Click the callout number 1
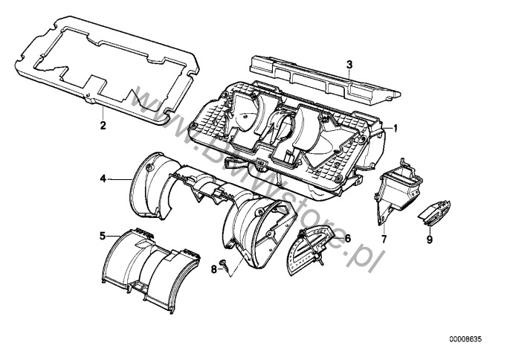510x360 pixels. pyautogui.click(x=396, y=127)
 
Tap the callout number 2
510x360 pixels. pyautogui.click(x=103, y=125)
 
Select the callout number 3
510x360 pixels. pyautogui.click(x=349, y=65)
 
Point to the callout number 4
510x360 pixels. pyautogui.click(x=103, y=179)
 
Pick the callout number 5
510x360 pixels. pyautogui.click(x=103, y=236)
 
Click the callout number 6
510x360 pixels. pyautogui.click(x=346, y=239)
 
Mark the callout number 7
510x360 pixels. pyautogui.click(x=384, y=240)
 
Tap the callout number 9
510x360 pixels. pyautogui.click(x=429, y=240)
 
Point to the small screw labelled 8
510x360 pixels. pyautogui.click(x=224, y=265)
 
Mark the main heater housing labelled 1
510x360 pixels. pyautogui.click(x=290, y=141)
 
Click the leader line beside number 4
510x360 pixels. pyautogui.click(x=119, y=179)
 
